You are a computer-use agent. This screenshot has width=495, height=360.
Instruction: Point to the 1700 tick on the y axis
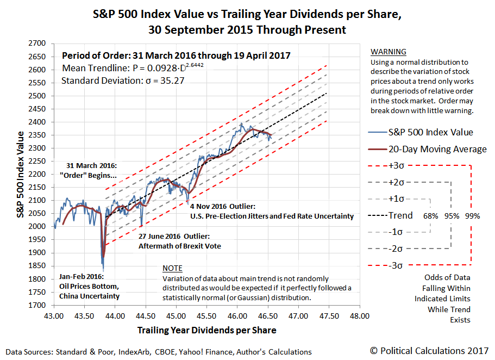pyautogui.click(x=37, y=305)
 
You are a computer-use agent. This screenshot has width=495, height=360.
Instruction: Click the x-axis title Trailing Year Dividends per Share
pyautogui.click(x=206, y=330)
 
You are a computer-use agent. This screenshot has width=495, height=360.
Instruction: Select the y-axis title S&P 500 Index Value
pyautogui.click(x=21, y=174)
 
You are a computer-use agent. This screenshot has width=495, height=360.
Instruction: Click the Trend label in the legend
pyautogui.click(x=400, y=215)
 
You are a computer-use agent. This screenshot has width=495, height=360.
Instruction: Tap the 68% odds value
pyautogui.click(x=431, y=216)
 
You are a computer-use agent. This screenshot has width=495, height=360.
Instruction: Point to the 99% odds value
pyautogui.click(x=472, y=216)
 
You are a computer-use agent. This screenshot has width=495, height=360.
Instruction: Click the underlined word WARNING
pyautogui.click(x=388, y=52)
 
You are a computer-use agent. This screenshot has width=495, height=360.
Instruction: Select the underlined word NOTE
pyautogui.click(x=172, y=269)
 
